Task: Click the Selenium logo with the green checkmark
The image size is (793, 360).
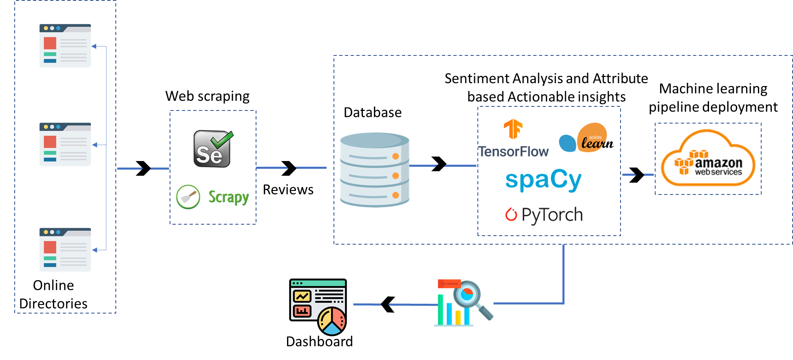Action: point(212,149)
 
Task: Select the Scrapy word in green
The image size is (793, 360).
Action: point(228,197)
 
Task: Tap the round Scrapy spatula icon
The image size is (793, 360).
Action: point(188,197)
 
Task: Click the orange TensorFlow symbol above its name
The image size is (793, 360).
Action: point(513,129)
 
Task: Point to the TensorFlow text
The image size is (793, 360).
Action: point(513,152)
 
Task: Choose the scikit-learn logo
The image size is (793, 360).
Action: point(586,139)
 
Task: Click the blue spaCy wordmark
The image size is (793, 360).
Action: point(543,180)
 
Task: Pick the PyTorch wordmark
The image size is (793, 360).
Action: point(552,215)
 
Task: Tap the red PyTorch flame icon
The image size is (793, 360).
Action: point(511,214)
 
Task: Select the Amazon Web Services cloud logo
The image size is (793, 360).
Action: point(708,159)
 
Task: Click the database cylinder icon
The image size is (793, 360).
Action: point(374,170)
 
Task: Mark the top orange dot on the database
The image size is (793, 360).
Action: point(395,156)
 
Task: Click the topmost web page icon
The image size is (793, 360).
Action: point(65,46)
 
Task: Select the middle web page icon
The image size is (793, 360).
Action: point(65,144)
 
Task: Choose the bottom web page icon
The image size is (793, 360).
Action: point(65,250)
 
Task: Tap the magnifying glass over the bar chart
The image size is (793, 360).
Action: point(469,295)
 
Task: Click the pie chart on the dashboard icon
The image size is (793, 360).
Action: point(332,321)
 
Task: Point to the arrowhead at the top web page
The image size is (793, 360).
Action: point(94,46)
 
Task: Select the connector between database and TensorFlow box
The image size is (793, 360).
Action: point(443,166)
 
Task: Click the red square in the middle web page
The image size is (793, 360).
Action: point(50,141)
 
